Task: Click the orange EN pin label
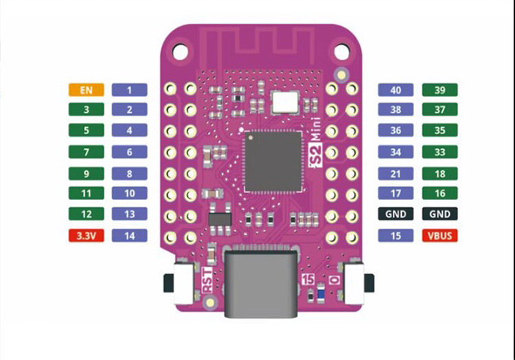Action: coord(86,89)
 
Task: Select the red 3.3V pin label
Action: coord(86,236)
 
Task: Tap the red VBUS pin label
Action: coord(440,236)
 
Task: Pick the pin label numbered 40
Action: coord(396,90)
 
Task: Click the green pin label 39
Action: coord(440,90)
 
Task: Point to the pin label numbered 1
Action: coord(129,89)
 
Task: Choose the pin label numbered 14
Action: coord(129,236)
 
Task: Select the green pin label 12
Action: coord(86,214)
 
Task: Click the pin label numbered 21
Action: coord(396,174)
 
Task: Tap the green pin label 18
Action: coord(440,174)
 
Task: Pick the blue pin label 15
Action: coord(396,236)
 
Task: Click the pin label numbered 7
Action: coord(86,152)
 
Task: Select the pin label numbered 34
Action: coord(396,152)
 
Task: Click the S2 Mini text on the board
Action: coord(316,150)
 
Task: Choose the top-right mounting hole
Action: coord(341,49)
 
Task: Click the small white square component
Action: coord(285,102)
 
